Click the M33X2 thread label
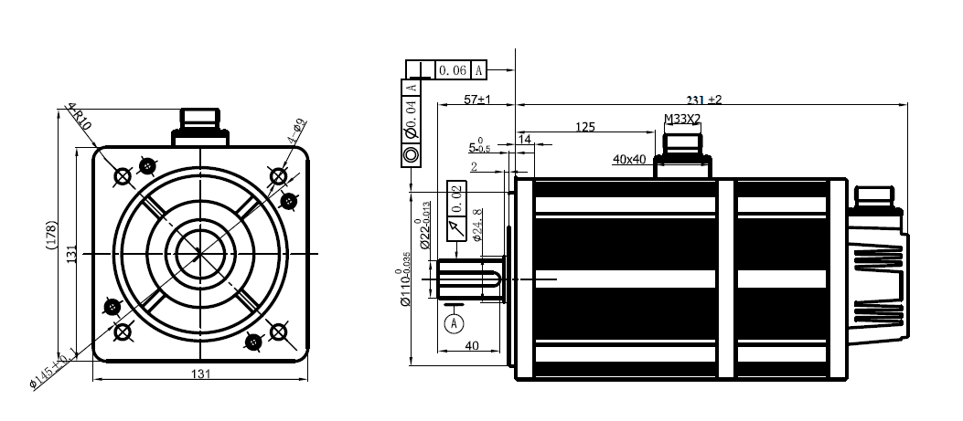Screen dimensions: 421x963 pos(681,119)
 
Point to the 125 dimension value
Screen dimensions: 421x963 pos(585,127)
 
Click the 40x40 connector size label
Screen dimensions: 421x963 pos(630,159)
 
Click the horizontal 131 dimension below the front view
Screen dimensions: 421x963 pos(200,374)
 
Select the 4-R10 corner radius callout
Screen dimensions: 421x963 pos(80,118)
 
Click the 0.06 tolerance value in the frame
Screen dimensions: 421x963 pos(453,70)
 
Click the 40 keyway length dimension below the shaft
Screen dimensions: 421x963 pos(471,345)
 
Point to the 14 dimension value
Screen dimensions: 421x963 pos(525,139)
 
